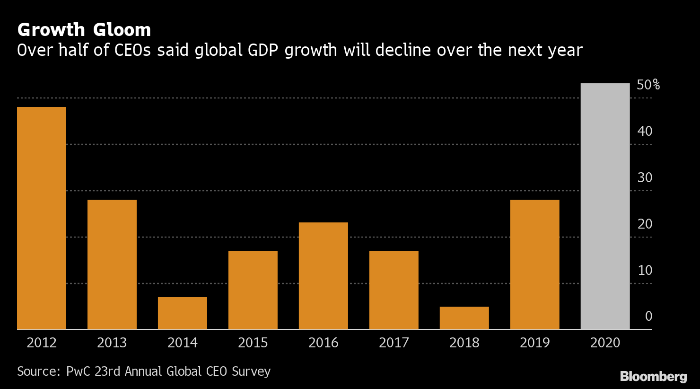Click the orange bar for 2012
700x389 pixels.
[x=42, y=218]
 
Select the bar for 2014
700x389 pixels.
[x=183, y=313]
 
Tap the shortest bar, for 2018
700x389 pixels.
[x=464, y=318]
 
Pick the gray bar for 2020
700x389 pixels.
[x=605, y=206]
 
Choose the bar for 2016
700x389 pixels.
[x=324, y=275]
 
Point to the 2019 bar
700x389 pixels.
[x=534, y=264]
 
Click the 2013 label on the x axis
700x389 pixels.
[x=112, y=343]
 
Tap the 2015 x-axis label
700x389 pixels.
[x=253, y=343]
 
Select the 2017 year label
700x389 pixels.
[x=394, y=343]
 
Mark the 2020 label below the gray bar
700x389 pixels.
[x=605, y=343]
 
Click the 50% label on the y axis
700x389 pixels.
[x=648, y=85]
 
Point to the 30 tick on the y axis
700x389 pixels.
[x=645, y=177]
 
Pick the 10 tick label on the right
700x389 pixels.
[x=645, y=270]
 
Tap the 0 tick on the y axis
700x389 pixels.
[x=648, y=316]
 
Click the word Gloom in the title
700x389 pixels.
[x=122, y=30]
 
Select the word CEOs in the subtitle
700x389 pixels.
[x=134, y=50]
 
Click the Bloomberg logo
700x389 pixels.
[x=653, y=377]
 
